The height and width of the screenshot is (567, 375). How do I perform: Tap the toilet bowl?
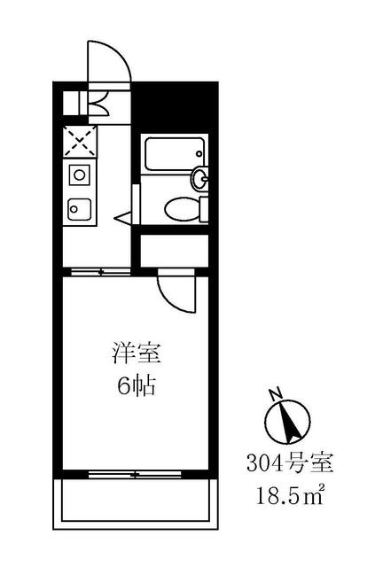point(180,208)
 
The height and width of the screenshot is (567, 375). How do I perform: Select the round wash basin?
point(202,179)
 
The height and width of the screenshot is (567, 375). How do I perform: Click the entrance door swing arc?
point(109,62)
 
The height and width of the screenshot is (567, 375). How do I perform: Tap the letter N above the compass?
point(276,392)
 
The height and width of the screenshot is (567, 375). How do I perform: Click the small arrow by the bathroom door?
point(124,216)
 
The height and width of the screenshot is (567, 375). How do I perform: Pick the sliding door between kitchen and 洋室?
point(98,271)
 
